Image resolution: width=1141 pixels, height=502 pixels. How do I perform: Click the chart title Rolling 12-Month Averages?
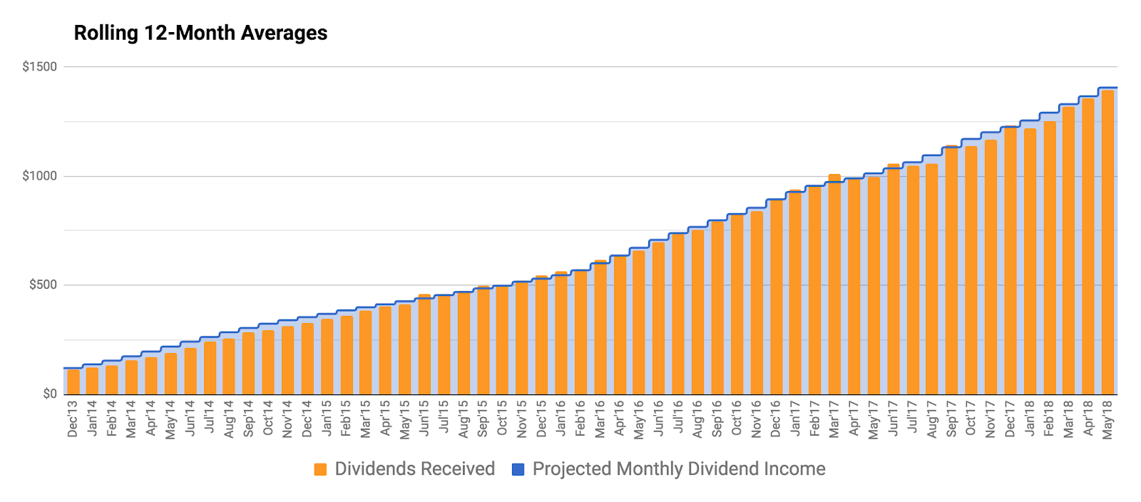click(x=200, y=33)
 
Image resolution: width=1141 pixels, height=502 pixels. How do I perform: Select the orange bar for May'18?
click(x=1107, y=242)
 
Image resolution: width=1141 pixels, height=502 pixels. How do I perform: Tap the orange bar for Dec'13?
click(x=73, y=382)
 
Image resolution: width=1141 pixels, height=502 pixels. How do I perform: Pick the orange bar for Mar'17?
click(x=834, y=285)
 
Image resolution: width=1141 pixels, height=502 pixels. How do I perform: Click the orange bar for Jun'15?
click(x=424, y=345)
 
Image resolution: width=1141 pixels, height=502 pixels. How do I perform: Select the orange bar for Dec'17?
click(x=1010, y=261)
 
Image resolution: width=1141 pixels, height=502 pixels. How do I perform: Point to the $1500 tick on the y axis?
click(x=40, y=67)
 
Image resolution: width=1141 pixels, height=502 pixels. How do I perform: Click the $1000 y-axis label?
click(x=40, y=176)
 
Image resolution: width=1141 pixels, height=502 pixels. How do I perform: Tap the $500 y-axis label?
click(x=43, y=285)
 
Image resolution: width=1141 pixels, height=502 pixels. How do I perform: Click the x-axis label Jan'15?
click(x=327, y=419)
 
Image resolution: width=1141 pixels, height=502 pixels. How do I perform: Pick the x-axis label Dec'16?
click(x=776, y=419)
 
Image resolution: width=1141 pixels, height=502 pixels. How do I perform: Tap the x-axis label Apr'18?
click(x=1088, y=419)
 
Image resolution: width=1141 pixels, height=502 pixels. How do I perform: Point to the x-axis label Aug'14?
click(x=229, y=419)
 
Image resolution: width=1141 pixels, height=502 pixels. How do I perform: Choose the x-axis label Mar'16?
click(x=600, y=419)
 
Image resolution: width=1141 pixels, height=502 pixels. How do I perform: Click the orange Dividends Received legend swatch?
click(x=320, y=469)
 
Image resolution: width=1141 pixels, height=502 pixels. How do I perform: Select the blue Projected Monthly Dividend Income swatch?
click(x=518, y=469)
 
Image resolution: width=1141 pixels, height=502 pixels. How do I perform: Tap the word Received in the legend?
click(x=456, y=469)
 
